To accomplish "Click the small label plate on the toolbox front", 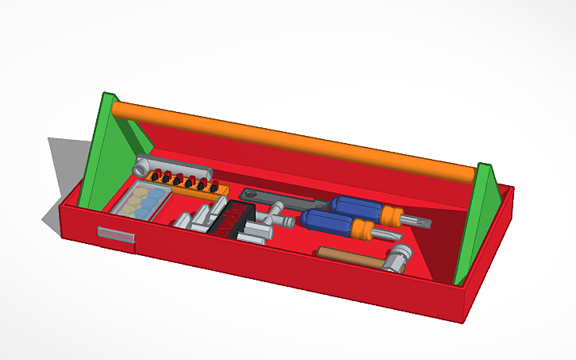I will pyautogui.click(x=116, y=234).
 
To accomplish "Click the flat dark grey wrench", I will pyautogui.click(x=278, y=199).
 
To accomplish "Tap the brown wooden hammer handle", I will pyautogui.click(x=350, y=255).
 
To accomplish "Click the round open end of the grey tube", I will pyautogui.click(x=141, y=168).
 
